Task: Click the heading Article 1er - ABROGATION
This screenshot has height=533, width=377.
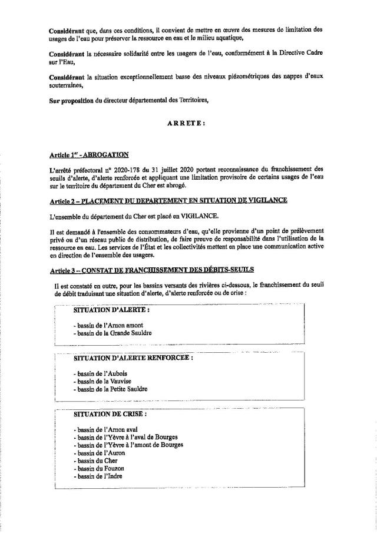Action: pyautogui.click(x=89, y=155)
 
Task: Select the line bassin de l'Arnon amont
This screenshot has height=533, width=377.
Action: pyautogui.click(x=108, y=325)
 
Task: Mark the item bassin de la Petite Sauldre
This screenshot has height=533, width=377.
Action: pyautogui.click(x=111, y=389)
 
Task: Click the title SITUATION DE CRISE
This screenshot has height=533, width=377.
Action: pyautogui.click(x=110, y=414)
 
